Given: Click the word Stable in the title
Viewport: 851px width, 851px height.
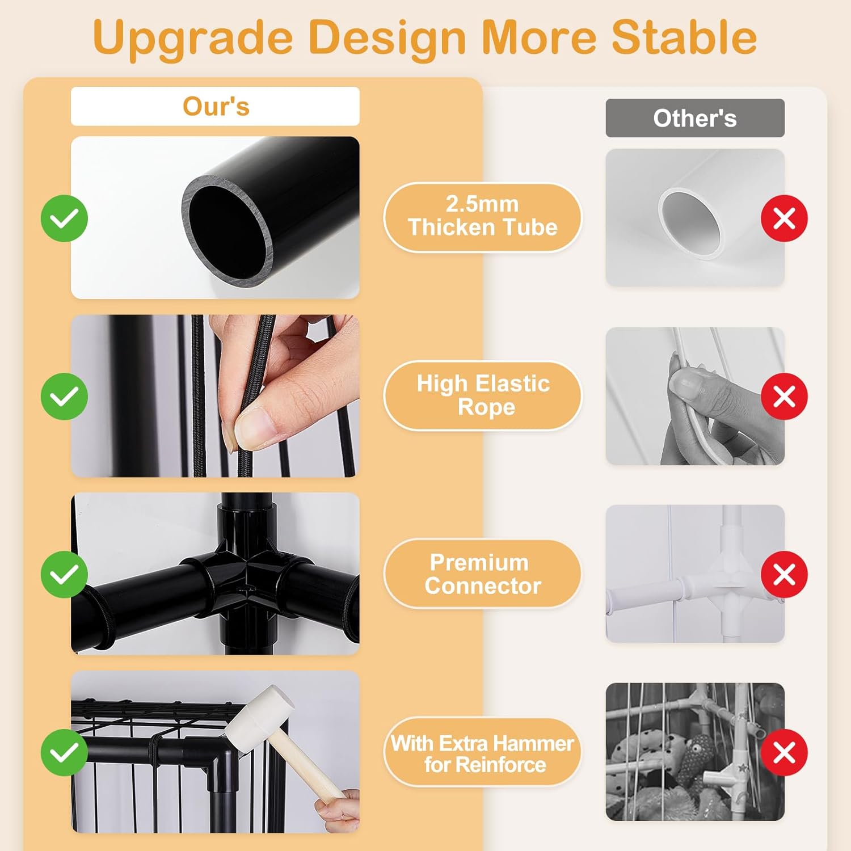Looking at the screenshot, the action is (684, 37).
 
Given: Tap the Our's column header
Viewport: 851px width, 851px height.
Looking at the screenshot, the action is (215, 106).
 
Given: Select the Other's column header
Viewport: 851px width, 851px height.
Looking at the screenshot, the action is (695, 118).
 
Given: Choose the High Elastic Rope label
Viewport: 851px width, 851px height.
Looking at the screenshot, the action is (482, 395).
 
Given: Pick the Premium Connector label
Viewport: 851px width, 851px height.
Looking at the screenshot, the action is (482, 574).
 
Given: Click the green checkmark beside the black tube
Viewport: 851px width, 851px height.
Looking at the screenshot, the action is (64, 218).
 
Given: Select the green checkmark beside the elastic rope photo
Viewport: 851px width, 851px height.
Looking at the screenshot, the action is (64, 397).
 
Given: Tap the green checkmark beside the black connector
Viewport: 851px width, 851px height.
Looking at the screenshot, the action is (64, 574).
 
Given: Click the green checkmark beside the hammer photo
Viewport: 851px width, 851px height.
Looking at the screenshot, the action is (64, 752).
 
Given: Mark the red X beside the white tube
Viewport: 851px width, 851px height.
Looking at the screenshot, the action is (784, 218).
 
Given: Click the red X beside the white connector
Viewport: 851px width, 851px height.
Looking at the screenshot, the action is (784, 574).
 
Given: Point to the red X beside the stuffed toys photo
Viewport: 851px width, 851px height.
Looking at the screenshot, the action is (784, 752).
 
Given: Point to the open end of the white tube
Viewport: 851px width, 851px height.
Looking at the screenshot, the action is (693, 224).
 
